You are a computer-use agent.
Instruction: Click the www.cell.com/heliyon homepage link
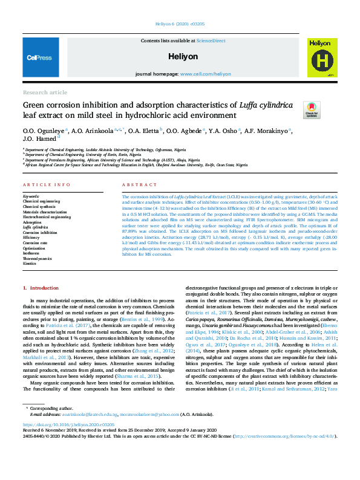click(205, 74)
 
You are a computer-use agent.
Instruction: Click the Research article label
click(45, 92)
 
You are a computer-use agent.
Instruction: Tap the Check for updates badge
click(312, 109)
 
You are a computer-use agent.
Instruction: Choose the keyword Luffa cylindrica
click(36, 227)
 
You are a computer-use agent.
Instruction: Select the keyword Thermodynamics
click(38, 258)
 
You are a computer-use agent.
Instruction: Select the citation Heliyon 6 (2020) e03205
click(180, 25)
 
